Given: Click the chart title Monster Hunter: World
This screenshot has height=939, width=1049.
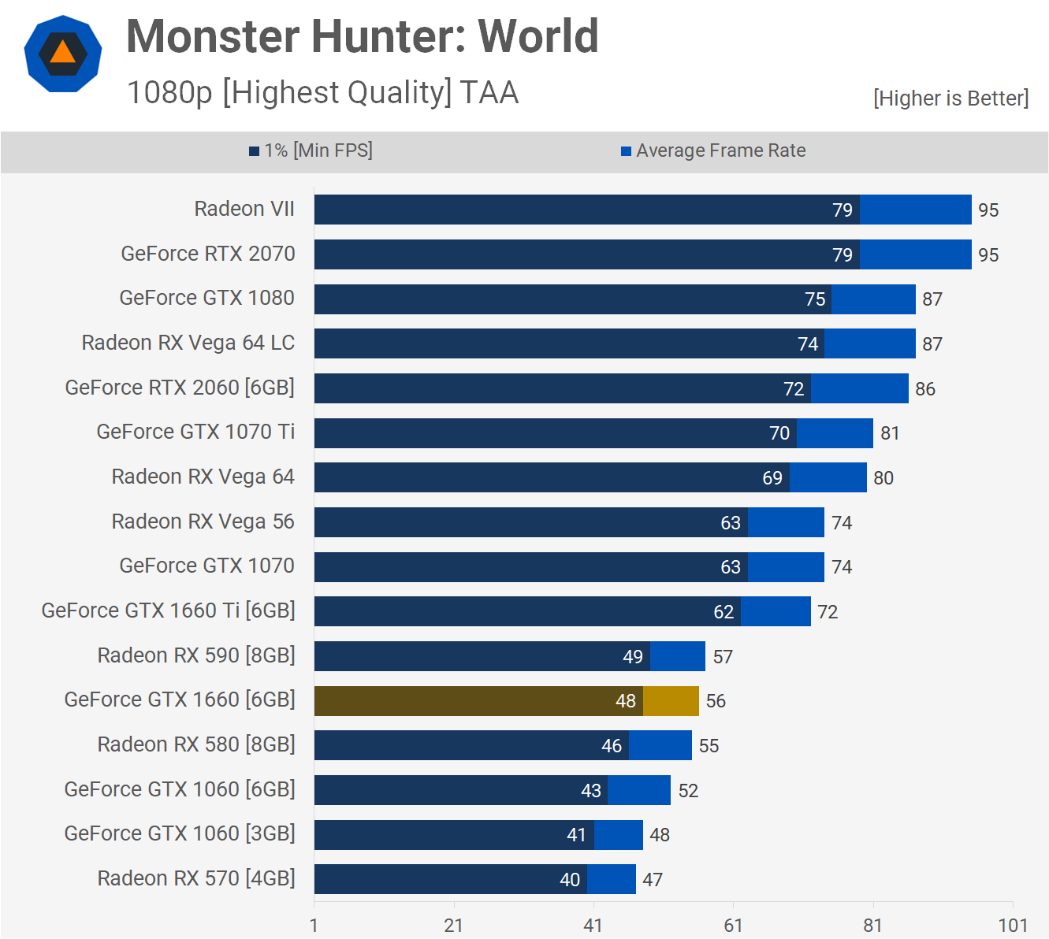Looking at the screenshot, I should click(362, 36).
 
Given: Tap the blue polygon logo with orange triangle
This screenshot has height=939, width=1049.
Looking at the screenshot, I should click(63, 54).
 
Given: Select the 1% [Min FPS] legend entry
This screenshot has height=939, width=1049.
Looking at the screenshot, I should click(311, 150).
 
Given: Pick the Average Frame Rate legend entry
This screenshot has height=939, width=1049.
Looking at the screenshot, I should click(713, 150).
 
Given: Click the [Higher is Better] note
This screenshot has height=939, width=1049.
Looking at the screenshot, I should click(950, 98).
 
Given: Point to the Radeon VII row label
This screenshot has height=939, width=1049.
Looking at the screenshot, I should click(244, 209).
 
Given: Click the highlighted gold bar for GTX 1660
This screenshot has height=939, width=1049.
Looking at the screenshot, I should click(506, 701).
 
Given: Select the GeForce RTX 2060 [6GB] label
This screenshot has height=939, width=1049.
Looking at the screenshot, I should click(180, 388).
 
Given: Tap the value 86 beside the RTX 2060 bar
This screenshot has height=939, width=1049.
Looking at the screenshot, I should click(925, 389).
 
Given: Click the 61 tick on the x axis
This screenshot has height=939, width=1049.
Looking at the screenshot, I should click(733, 926).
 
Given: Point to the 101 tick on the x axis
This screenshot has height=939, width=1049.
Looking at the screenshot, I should click(1013, 926).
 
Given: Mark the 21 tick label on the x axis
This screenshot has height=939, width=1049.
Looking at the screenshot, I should click(453, 926).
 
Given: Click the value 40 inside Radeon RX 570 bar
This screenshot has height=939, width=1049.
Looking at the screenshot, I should click(570, 880).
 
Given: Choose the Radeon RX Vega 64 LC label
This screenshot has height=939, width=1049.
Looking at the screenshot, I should click(188, 343).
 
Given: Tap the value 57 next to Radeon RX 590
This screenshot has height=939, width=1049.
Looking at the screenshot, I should click(723, 657).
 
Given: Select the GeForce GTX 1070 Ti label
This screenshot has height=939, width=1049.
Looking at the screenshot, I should click(195, 432).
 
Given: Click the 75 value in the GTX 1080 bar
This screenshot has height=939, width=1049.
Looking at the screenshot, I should click(815, 299).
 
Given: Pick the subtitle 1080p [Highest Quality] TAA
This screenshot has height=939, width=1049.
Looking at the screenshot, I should click(322, 93).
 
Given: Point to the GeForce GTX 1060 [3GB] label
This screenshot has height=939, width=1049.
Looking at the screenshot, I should click(180, 833).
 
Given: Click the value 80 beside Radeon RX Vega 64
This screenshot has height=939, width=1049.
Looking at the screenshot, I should click(883, 478).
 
